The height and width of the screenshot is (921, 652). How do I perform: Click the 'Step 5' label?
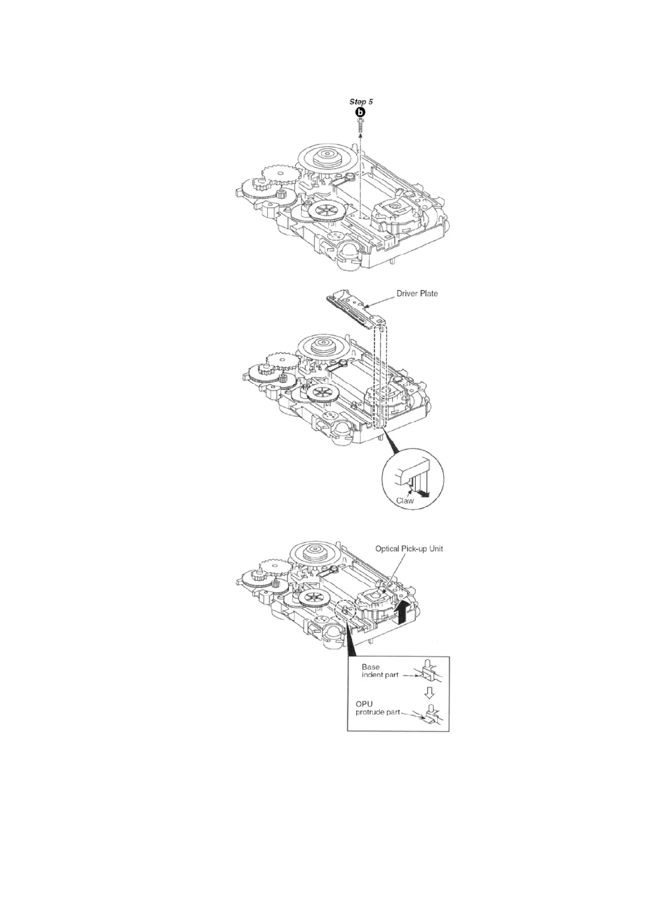[x=361, y=102]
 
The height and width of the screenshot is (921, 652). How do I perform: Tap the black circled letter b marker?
[x=360, y=112]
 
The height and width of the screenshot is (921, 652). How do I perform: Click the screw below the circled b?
[x=360, y=123]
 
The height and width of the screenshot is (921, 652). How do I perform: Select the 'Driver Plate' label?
[x=417, y=293]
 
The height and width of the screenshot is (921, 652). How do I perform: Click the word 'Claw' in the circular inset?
[x=405, y=500]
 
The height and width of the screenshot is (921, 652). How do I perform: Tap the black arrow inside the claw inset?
[x=424, y=495]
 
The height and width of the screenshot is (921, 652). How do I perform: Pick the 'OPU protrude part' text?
[x=378, y=708]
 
